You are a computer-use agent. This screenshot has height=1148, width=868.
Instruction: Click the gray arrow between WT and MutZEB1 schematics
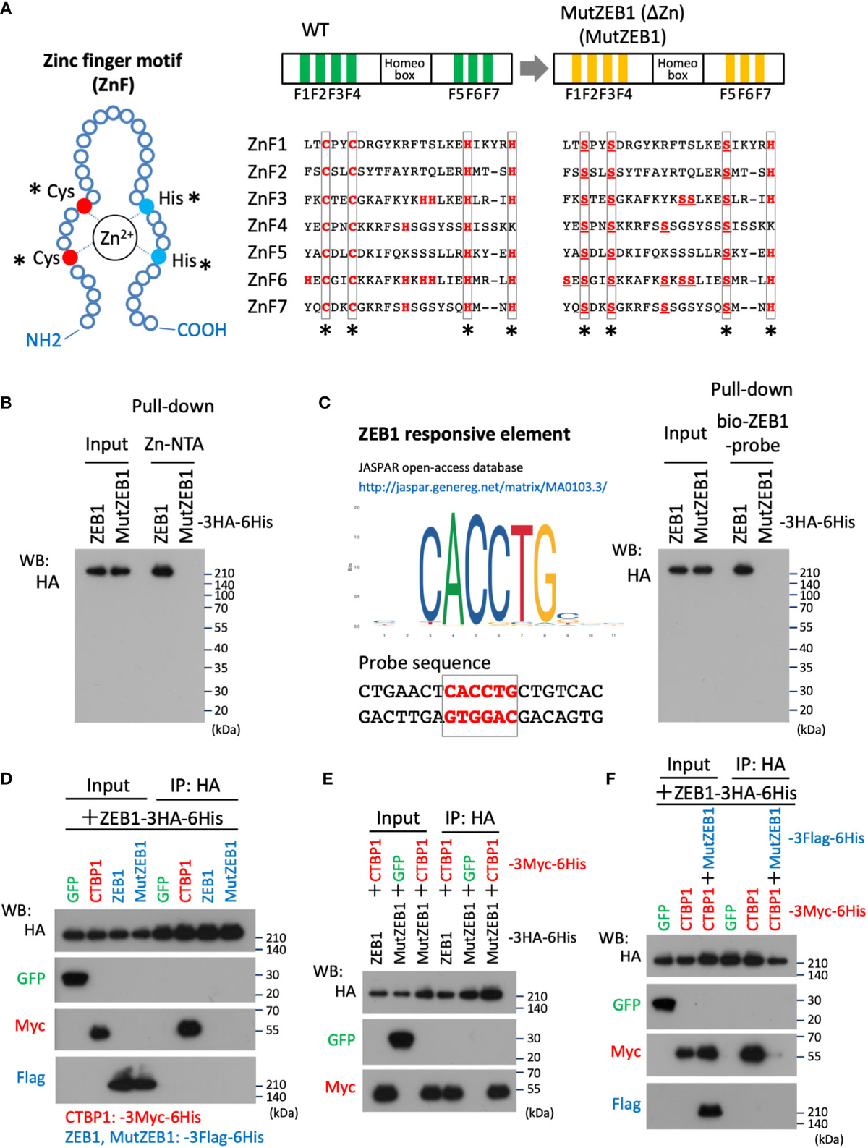(534, 69)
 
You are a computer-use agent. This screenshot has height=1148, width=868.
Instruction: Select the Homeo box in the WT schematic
(404, 69)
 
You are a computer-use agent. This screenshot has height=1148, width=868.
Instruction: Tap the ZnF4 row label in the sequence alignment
(267, 226)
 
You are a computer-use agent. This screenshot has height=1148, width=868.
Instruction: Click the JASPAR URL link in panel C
(482, 487)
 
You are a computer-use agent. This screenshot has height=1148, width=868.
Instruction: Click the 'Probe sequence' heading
(425, 663)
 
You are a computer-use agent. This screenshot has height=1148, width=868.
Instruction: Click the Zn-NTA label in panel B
(174, 443)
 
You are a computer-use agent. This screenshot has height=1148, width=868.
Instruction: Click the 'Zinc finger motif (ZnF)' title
(113, 72)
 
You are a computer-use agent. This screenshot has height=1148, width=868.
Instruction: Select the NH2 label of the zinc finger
(43, 340)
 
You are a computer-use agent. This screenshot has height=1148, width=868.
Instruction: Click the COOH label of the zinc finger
(202, 330)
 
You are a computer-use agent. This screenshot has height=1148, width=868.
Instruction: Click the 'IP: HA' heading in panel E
(469, 817)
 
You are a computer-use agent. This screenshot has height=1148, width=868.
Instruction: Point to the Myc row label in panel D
(30, 1026)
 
